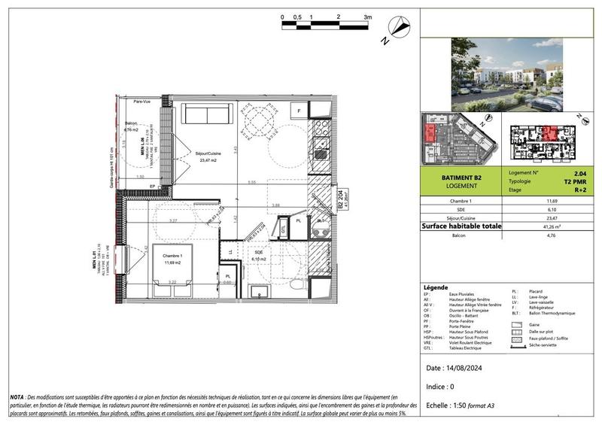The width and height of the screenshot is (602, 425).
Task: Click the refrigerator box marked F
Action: point(299,111)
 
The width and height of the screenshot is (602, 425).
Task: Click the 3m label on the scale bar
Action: point(368,16)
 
